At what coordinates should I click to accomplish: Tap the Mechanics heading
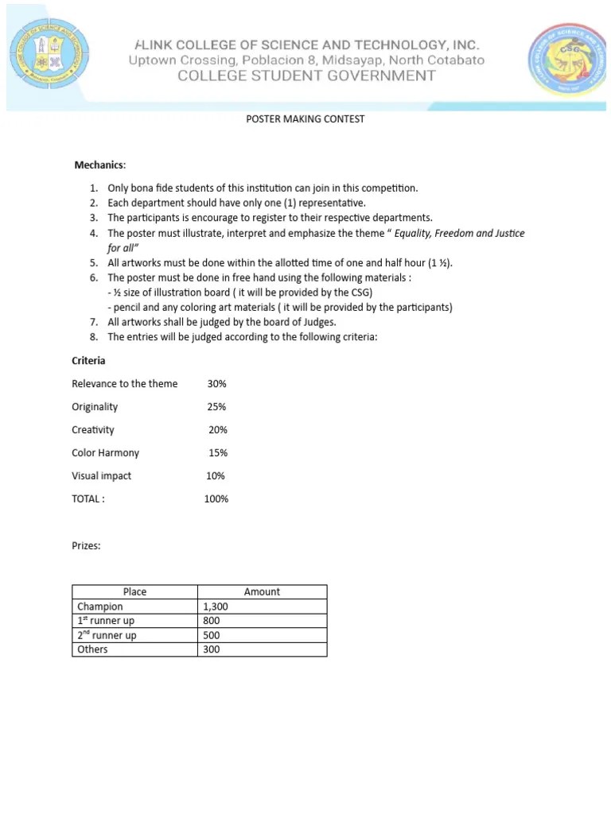pos(100,165)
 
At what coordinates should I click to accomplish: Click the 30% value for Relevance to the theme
pos(216,384)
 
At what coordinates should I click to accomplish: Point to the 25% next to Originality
pos(216,407)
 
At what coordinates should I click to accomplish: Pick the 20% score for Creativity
pos(218,430)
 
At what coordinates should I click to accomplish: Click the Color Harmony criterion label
pos(105,453)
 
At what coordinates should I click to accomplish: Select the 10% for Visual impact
pos(216,476)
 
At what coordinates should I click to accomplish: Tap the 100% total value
pos(216,499)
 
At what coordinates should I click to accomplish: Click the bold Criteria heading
pos(88,361)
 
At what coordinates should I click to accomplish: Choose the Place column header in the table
pos(134,592)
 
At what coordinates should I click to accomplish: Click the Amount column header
pos(262,592)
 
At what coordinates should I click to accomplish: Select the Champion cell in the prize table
pos(100,607)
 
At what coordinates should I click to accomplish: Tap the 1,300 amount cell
pos(216,607)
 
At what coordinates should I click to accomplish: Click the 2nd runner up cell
pos(107,635)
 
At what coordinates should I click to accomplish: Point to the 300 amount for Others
pos(211,649)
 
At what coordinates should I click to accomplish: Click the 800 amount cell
pos(211,621)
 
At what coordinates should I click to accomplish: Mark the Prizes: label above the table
pos(86,546)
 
